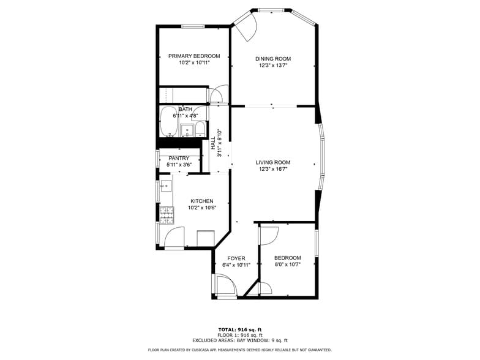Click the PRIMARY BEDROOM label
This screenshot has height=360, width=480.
pyautogui.click(x=194, y=56)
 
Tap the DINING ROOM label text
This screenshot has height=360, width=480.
pyautogui.click(x=272, y=59)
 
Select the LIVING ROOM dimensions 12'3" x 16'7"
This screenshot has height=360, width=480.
pyautogui.click(x=272, y=169)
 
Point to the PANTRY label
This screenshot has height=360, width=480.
pyautogui.click(x=179, y=158)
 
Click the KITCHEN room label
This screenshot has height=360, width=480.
pyautogui.click(x=201, y=201)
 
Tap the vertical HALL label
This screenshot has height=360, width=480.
pyautogui.click(x=213, y=143)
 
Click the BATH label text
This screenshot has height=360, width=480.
pyautogui.click(x=185, y=109)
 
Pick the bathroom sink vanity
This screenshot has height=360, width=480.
pyautogui.click(x=187, y=129)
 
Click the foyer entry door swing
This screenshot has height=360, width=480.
pyautogui.click(x=225, y=286)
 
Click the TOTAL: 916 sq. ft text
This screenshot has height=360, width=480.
pyautogui.click(x=239, y=329)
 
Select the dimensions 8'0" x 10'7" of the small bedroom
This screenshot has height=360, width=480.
pyautogui.click(x=287, y=265)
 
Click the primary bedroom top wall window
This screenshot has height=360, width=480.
pyautogui.click(x=193, y=26)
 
